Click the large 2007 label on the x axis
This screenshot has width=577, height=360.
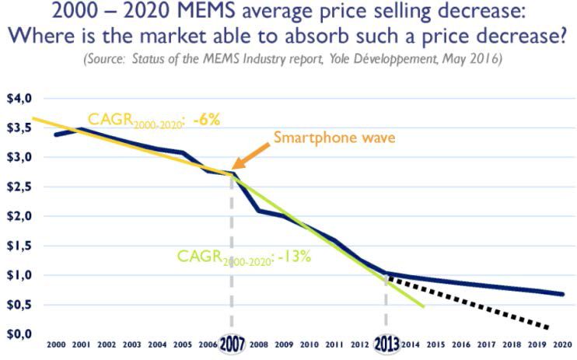pos(232,344)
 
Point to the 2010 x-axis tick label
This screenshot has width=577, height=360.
pos(309,343)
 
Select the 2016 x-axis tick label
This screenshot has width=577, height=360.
pos(461,343)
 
